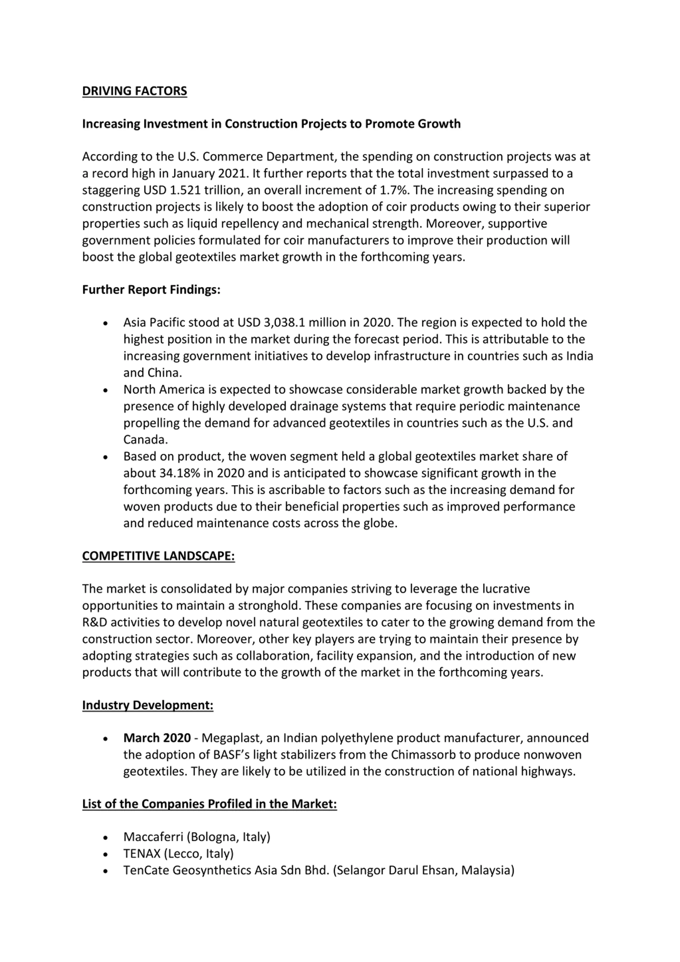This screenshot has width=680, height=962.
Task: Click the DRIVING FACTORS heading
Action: pyautogui.click(x=134, y=91)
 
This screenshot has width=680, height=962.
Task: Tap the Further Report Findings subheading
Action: pyautogui.click(x=151, y=290)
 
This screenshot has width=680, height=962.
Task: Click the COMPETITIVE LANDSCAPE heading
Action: pyautogui.click(x=158, y=556)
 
